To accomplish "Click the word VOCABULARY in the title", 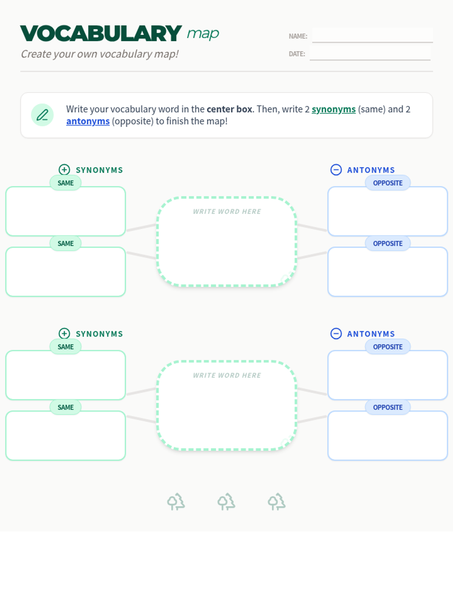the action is point(101,33).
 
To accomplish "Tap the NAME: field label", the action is point(298,36).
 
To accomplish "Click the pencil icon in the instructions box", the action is point(42,115).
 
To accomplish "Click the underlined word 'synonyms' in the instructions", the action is point(334,109).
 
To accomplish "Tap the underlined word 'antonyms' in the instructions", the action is point(88,121).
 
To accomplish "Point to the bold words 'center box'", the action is point(230,109).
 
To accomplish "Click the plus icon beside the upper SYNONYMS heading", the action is point(64,170).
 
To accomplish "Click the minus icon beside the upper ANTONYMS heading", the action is point(336,170).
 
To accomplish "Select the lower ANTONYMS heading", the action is point(371,334).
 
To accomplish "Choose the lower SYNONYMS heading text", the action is point(99,334).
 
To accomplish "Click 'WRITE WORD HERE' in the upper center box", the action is point(227,211).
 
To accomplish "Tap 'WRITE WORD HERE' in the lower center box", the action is point(227,375).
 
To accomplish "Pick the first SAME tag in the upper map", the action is point(65,183).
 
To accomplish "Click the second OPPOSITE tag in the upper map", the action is point(388,244).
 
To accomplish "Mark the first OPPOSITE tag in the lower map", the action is point(388,347).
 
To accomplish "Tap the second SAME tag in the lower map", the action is point(65,407).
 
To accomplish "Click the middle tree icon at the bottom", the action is point(226,501).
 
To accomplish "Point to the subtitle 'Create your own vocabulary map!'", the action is point(100,54).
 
